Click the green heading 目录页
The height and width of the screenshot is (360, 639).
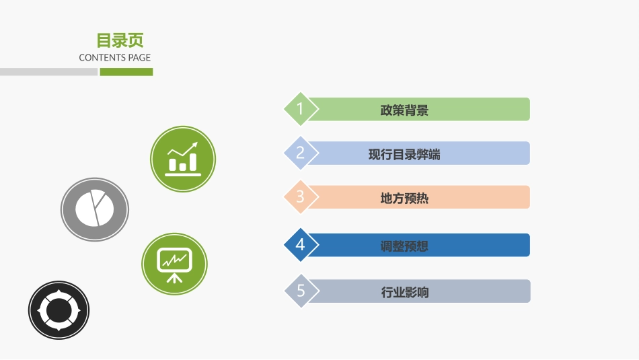(x=120, y=40)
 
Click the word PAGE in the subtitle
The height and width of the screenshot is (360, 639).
(x=139, y=58)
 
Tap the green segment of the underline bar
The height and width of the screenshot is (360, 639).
(x=126, y=72)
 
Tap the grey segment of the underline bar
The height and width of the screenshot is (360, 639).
(x=48, y=72)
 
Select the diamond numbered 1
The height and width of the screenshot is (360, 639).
(x=301, y=109)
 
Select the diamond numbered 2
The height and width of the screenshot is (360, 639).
(x=301, y=153)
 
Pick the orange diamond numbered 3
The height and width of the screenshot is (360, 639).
(x=301, y=196)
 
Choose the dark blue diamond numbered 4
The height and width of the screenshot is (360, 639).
(x=301, y=245)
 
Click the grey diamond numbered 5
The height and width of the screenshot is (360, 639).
(x=301, y=291)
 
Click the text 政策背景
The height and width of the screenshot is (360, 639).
(x=404, y=110)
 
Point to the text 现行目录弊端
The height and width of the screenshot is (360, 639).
(x=404, y=154)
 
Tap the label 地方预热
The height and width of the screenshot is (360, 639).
(x=404, y=199)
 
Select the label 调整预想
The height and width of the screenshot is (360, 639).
(x=404, y=246)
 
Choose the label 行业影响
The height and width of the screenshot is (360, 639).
(x=404, y=293)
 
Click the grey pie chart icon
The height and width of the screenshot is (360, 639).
(x=94, y=209)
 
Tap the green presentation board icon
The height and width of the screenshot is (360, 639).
(x=174, y=264)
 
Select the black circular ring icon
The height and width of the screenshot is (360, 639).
(x=59, y=311)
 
